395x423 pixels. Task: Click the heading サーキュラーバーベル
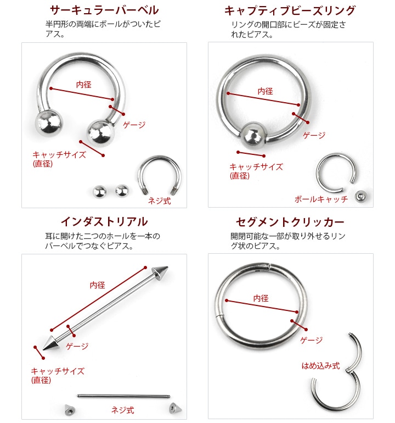click(104, 10)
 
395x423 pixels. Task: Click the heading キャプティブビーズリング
click(290, 10)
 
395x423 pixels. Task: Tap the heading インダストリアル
click(104, 221)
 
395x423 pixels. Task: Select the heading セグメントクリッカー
click(290, 222)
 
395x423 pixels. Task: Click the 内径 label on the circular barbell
click(84, 85)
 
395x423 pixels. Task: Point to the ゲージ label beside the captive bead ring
click(314, 135)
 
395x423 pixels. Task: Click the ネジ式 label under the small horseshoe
click(160, 201)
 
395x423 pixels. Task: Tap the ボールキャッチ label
click(321, 199)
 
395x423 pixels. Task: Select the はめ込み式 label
click(320, 366)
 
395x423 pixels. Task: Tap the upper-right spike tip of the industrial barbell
click(167, 268)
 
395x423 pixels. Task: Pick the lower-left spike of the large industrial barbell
click(50, 343)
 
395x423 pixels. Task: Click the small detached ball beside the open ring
click(360, 197)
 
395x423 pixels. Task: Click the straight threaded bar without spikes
click(123, 396)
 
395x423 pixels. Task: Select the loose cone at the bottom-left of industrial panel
click(70, 410)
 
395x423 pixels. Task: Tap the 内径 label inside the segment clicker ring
click(261, 298)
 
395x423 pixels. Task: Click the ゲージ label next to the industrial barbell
click(77, 346)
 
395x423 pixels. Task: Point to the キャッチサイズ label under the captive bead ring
click(256, 171)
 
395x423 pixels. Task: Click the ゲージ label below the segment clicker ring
click(312, 340)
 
